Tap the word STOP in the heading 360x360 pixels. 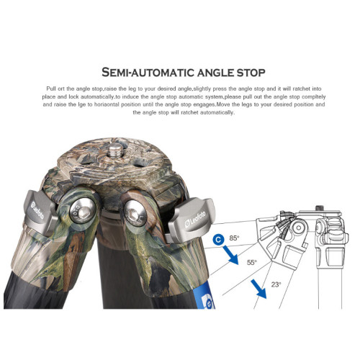[x=251, y=73]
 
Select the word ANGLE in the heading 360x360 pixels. [x=216, y=73]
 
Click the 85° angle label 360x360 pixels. [x=234, y=238]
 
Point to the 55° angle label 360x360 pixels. [x=252, y=262]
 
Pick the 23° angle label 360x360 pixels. [x=276, y=284]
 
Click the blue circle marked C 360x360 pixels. [x=218, y=240]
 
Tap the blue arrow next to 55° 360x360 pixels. [x=231, y=255]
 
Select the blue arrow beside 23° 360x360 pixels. [x=258, y=289]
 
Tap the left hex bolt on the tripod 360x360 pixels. [x=82, y=211]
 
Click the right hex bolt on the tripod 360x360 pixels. [x=135, y=213]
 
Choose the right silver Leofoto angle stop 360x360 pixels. [x=191, y=220]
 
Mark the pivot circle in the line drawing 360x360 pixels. [x=298, y=227]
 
